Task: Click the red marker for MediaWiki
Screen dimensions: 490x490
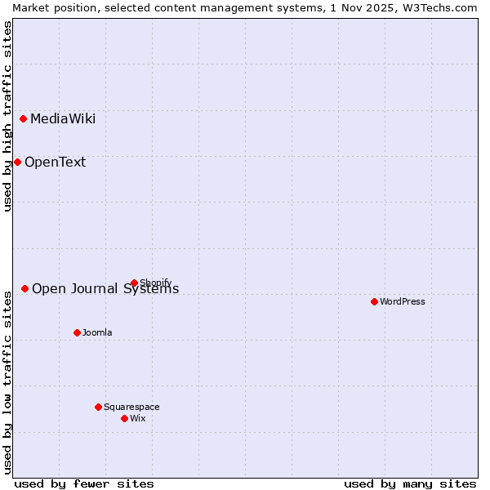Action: (24, 118)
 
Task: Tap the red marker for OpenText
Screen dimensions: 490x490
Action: (17, 162)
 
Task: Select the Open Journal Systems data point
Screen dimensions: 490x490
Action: (25, 288)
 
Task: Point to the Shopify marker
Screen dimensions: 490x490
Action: (135, 283)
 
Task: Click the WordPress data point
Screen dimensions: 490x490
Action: (375, 301)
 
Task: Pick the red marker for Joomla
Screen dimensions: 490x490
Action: (78, 332)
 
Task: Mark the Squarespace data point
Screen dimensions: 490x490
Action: (99, 407)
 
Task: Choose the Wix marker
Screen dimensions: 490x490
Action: (125, 418)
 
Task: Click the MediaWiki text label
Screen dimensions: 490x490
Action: (63, 119)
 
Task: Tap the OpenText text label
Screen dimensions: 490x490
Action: (55, 163)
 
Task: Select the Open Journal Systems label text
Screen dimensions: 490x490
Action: (105, 289)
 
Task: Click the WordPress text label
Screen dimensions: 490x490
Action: (403, 302)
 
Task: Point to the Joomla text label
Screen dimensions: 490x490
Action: (97, 333)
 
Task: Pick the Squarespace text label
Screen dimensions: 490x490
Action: (131, 408)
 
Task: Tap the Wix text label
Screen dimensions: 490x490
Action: (138, 419)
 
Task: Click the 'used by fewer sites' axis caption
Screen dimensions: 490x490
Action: (84, 483)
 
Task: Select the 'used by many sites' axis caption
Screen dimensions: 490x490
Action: (410, 483)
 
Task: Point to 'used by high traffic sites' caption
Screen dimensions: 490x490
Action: (7, 116)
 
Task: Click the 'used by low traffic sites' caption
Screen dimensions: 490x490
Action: (7, 380)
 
